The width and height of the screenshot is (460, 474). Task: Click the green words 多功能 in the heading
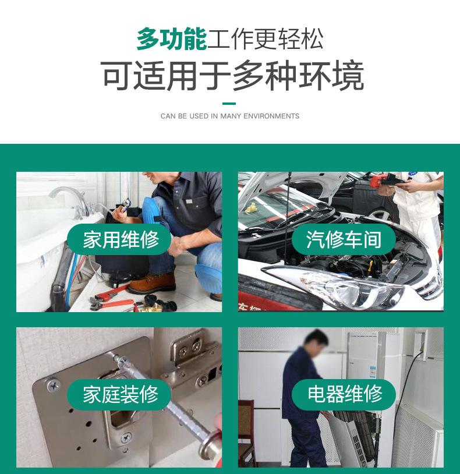pyautogui.click(x=172, y=38)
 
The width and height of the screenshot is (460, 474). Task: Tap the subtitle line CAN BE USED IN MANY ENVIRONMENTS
pyautogui.click(x=230, y=116)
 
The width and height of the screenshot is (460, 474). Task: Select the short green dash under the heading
pyautogui.click(x=229, y=104)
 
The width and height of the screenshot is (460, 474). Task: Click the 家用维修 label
pyautogui.click(x=121, y=239)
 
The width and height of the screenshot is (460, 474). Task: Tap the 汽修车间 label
pyautogui.click(x=344, y=239)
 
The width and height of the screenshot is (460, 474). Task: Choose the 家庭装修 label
pyautogui.click(x=121, y=394)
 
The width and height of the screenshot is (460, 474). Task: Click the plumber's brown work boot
pyautogui.click(x=152, y=283)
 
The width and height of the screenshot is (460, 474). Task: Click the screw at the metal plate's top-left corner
pyautogui.click(x=54, y=385)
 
